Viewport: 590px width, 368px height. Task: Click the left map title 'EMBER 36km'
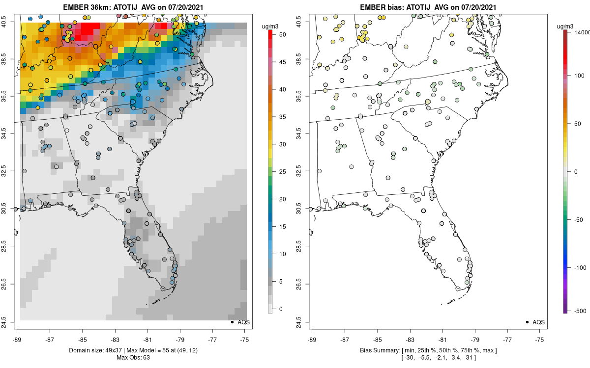(85, 7)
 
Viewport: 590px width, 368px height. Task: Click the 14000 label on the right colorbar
(582, 31)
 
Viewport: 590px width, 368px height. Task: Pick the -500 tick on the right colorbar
(580, 310)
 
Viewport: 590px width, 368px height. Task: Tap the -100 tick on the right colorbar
(580, 267)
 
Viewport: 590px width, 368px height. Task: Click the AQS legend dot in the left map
(232, 322)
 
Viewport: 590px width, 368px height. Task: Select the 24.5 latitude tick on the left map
(10, 322)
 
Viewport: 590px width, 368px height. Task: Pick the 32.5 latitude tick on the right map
(302, 171)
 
